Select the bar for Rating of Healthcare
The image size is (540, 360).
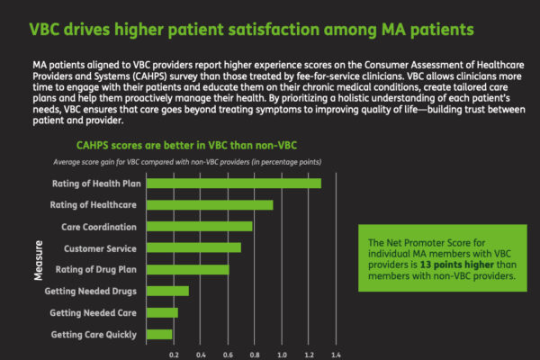(x=210, y=204)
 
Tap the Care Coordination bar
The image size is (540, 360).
(x=199, y=226)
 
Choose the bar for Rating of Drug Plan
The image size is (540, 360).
(x=187, y=269)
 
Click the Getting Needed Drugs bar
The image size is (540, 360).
(x=167, y=291)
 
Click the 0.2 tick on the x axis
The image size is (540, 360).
(x=174, y=355)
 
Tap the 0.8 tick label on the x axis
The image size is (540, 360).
(x=255, y=355)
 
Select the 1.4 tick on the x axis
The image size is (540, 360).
(x=336, y=355)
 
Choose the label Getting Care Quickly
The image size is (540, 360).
(x=94, y=335)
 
